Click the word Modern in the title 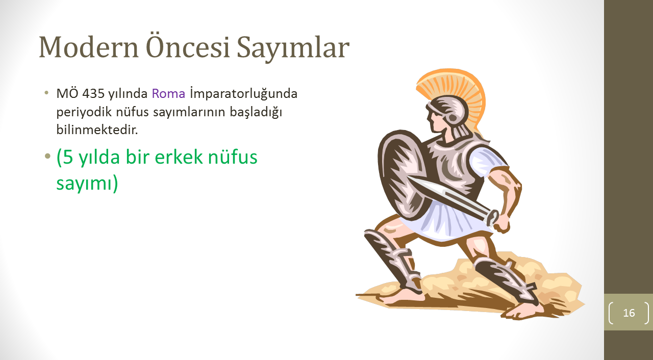(x=88, y=47)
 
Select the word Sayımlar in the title (x=293, y=48)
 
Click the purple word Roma (x=168, y=93)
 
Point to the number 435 (x=93, y=93)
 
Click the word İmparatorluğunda (x=244, y=94)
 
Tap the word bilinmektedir (x=97, y=130)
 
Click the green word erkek (x=179, y=157)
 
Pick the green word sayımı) (x=87, y=184)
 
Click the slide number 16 (x=629, y=313)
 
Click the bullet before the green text (x=47, y=157)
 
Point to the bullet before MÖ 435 (x=46, y=93)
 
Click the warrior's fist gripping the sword (x=502, y=223)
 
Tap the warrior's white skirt (x=449, y=221)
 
